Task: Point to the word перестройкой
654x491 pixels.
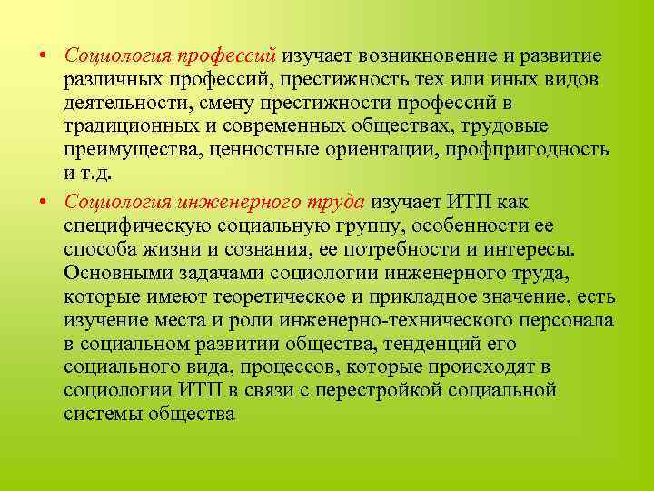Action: point(411,390)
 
